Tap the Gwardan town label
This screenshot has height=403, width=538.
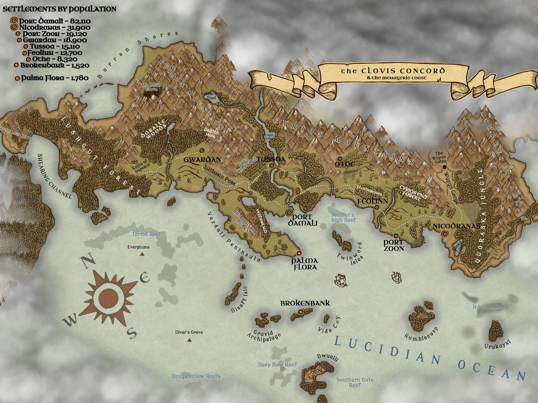(x=202, y=158)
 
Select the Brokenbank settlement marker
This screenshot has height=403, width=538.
(x=301, y=312)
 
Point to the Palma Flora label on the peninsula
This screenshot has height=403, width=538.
(x=304, y=263)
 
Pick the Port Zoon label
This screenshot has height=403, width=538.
(x=394, y=245)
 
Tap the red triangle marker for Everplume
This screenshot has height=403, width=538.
(x=142, y=254)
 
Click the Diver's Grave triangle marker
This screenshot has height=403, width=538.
(x=189, y=340)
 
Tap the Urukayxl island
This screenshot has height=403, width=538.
(x=495, y=330)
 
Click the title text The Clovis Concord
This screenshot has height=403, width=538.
(x=393, y=70)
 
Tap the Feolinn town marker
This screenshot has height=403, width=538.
(x=377, y=207)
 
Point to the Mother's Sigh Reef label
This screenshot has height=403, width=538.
(x=343, y=218)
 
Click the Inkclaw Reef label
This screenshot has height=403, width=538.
(x=490, y=306)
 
